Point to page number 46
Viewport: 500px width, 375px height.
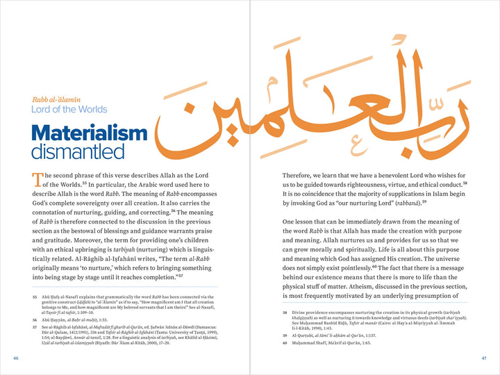[x=15, y=358]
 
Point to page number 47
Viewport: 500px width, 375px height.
[x=484, y=358]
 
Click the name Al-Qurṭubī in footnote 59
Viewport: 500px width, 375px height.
[x=306, y=336]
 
